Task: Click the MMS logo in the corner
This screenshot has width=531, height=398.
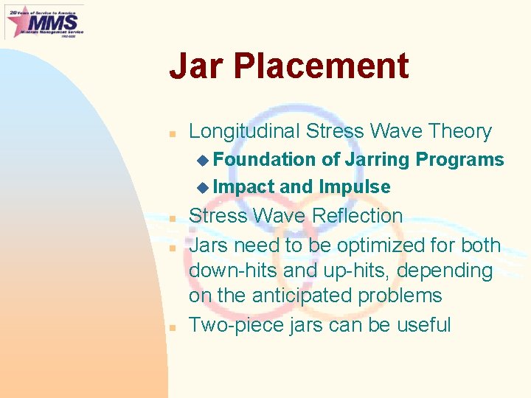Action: pyautogui.click(x=44, y=21)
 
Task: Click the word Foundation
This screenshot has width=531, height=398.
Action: pyautogui.click(x=265, y=160)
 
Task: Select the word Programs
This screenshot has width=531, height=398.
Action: pyautogui.click(x=460, y=160)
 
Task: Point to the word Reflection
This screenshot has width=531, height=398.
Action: pyautogui.click(x=358, y=216)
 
